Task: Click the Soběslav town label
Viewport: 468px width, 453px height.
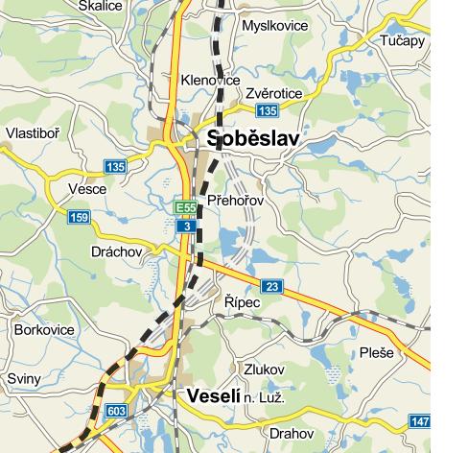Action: (253, 139)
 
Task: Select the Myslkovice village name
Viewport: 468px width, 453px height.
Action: (276, 26)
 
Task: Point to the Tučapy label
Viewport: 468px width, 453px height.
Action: (402, 41)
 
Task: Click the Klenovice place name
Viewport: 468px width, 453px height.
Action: (210, 82)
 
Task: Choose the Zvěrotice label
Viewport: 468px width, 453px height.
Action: (273, 93)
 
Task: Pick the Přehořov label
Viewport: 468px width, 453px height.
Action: (235, 201)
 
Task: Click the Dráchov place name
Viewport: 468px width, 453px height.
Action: (116, 251)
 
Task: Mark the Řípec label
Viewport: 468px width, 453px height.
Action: (241, 301)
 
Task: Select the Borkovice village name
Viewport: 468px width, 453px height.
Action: (44, 329)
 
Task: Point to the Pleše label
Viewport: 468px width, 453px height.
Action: (377, 353)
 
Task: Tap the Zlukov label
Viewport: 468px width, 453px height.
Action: (265, 370)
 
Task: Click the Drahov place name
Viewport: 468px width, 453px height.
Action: (291, 434)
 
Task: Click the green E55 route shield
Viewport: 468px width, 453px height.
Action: (185, 207)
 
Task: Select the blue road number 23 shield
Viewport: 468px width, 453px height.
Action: (272, 287)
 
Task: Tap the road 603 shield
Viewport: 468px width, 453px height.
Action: (116, 412)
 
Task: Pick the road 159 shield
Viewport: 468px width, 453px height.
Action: (79, 219)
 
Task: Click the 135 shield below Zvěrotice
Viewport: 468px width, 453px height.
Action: (266, 111)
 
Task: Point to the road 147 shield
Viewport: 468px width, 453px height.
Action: (419, 422)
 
